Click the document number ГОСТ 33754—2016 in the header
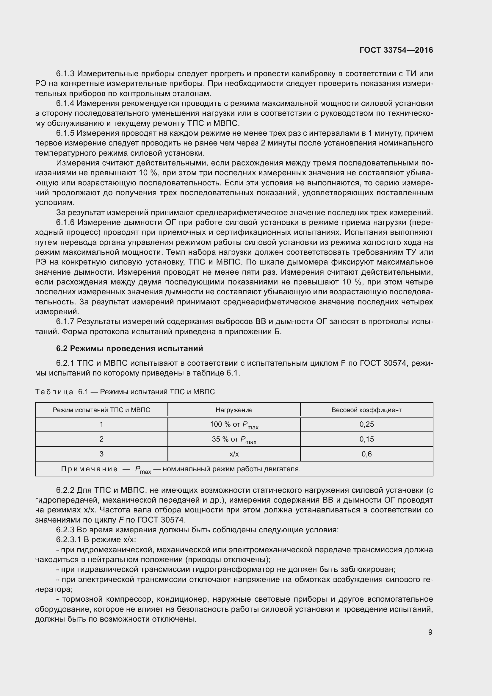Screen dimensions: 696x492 (396, 50)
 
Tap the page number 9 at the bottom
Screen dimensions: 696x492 (430, 632)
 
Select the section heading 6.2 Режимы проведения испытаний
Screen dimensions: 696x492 (129, 348)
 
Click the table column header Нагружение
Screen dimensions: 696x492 (234, 410)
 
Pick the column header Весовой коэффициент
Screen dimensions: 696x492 (366, 410)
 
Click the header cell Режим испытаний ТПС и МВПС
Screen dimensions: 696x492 (101, 410)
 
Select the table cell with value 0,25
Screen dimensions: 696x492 (366, 424)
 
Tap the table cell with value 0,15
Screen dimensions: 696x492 (366, 439)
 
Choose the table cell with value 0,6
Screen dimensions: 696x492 (366, 454)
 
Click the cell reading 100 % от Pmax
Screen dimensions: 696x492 (234, 425)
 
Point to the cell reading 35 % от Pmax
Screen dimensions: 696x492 (234, 440)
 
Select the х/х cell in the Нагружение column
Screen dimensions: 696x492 (234, 454)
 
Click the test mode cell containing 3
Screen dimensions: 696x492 (101, 454)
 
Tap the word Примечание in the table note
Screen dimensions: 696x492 (89, 469)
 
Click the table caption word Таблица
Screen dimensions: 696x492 (54, 392)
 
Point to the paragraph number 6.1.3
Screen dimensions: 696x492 (65, 74)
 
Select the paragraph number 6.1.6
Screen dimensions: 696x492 (65, 223)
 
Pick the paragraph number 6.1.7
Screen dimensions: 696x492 (65, 322)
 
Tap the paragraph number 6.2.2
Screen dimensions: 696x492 (65, 490)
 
